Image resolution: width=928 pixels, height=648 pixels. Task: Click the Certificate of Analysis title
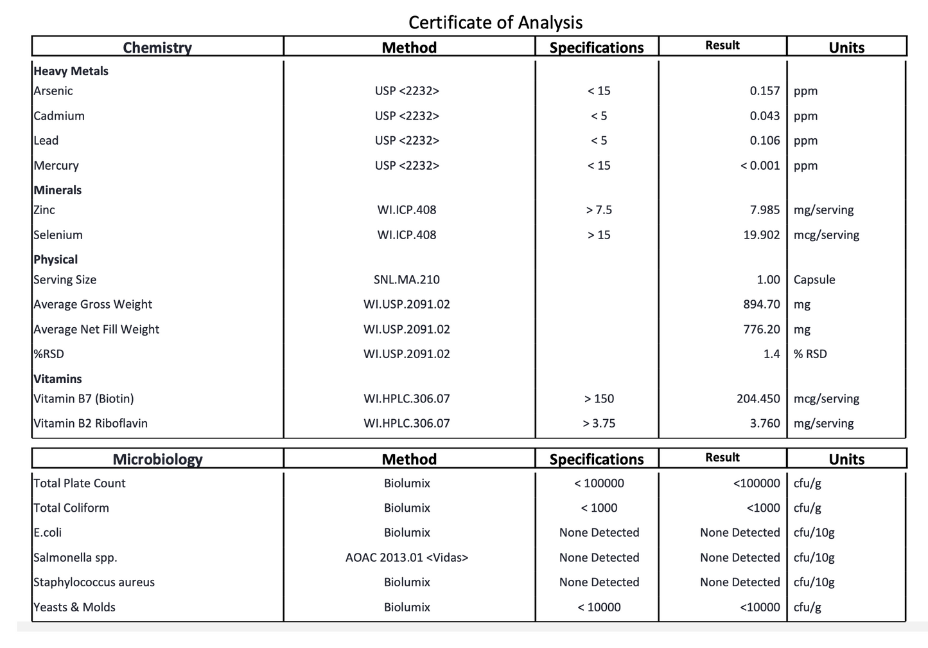[x=495, y=22]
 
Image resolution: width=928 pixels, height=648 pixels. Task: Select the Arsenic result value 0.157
[x=764, y=91]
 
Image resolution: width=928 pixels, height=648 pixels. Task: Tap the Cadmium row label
[x=59, y=116]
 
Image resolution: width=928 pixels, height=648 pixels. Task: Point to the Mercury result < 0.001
[x=760, y=165]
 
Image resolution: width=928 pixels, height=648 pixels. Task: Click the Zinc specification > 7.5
[x=599, y=210]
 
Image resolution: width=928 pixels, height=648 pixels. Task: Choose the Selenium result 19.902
[x=761, y=235]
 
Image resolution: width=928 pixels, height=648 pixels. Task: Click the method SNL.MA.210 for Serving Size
[x=407, y=280]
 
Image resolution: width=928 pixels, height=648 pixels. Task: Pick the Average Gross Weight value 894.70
[x=761, y=304]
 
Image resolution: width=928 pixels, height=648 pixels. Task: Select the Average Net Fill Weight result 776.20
[x=761, y=329]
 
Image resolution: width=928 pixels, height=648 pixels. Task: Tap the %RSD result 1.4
[x=771, y=354]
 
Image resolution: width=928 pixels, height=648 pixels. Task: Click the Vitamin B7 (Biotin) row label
[x=83, y=399]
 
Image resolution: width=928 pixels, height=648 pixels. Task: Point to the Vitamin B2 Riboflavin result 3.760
[x=764, y=423]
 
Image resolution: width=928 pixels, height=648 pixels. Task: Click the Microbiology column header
[x=157, y=459]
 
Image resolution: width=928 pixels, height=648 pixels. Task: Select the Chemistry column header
[x=157, y=48]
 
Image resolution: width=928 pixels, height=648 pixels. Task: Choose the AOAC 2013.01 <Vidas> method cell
[x=407, y=557]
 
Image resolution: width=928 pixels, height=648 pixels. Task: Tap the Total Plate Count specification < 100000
[x=599, y=483]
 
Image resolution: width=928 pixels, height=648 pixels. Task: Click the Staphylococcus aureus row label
[x=94, y=582]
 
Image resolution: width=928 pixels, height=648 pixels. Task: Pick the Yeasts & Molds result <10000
[x=760, y=607]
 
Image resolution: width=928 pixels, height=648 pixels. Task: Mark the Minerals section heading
[x=58, y=190]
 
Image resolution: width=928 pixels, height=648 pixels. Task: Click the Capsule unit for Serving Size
[x=814, y=280]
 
